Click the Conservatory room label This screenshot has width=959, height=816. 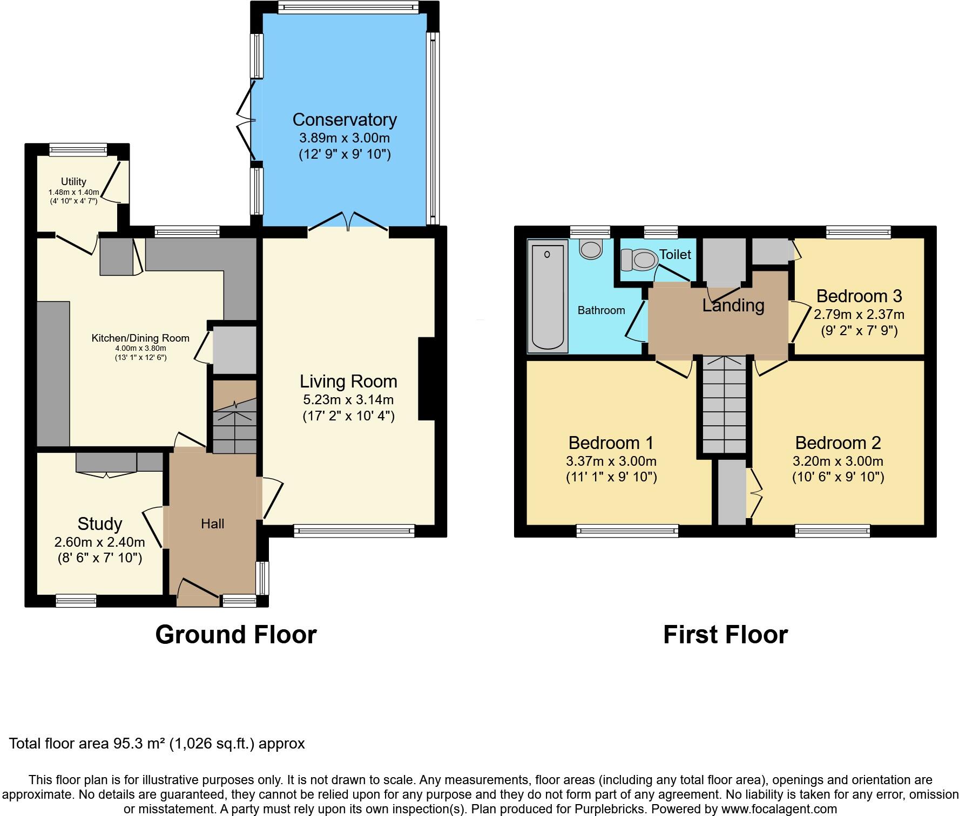[345, 119]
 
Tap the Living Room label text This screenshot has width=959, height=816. [348, 382]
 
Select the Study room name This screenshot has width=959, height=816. [100, 524]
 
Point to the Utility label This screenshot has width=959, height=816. [73, 182]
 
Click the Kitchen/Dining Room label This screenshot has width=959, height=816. [140, 338]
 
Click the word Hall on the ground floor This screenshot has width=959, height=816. [213, 523]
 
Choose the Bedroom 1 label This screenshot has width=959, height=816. [611, 443]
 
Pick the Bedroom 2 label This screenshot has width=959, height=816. [838, 443]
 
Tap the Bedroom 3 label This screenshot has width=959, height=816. [859, 296]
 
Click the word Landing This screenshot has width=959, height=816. [733, 306]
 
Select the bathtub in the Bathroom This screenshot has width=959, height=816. [548, 296]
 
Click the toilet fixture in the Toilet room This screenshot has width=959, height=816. [638, 260]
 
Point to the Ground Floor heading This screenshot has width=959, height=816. [236, 635]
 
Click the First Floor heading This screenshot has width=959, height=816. [725, 635]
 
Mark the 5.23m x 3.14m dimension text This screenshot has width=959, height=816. [348, 400]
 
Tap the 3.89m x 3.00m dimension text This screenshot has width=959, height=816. [345, 138]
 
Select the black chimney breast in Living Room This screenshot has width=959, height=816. [427, 379]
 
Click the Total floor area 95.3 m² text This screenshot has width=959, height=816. [157, 744]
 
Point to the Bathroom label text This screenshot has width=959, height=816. [601, 310]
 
